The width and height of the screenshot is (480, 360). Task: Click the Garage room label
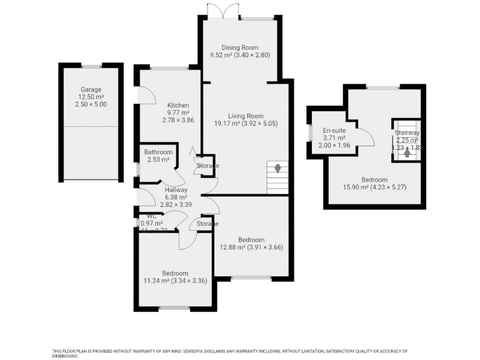pyautogui.click(x=91, y=89)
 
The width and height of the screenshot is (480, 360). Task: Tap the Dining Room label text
pyautogui.click(x=241, y=47)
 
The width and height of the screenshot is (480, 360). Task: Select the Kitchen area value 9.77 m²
pyautogui.click(x=177, y=112)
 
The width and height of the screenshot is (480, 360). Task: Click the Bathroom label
pyautogui.click(x=158, y=152)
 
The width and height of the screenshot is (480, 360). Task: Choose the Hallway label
pyautogui.click(x=176, y=189)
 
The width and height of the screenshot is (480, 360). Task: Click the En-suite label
pyautogui.click(x=334, y=130)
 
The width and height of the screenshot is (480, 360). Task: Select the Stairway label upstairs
pyautogui.click(x=407, y=132)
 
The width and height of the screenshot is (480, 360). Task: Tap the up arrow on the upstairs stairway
pyautogui.click(x=407, y=151)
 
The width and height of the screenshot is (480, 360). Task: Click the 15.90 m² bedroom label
pyautogui.click(x=374, y=179)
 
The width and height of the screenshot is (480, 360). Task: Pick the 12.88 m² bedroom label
pyautogui.click(x=251, y=239)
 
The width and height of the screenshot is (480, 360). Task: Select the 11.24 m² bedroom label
pyautogui.click(x=175, y=273)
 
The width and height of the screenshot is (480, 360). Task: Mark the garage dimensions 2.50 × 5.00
pyautogui.click(x=91, y=104)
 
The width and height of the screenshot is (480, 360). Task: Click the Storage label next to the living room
pyautogui.click(x=206, y=166)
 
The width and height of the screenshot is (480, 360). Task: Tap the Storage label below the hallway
pyautogui.click(x=207, y=224)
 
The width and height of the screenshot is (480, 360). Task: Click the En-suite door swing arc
pyautogui.click(x=366, y=137)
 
